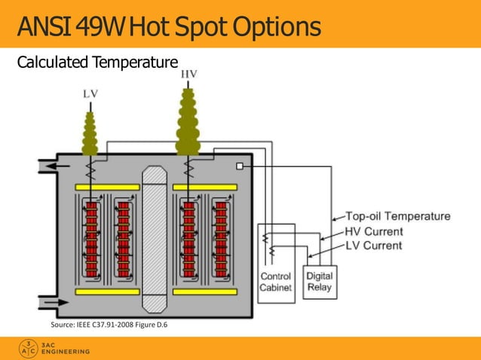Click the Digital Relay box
[x=319, y=282]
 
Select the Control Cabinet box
[x=276, y=282]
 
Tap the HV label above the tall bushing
[x=189, y=74]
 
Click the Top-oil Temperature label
[x=398, y=216]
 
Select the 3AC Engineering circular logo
[x=29, y=348]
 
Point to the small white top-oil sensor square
[x=240, y=166]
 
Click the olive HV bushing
[x=188, y=124]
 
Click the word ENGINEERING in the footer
[x=66, y=352]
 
